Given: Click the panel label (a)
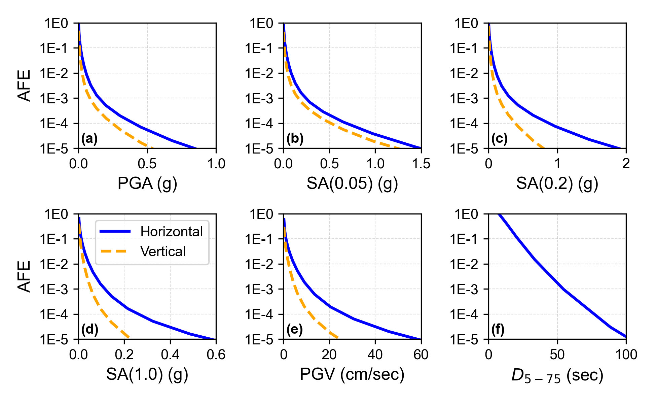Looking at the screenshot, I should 89,139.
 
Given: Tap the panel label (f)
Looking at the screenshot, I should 498,330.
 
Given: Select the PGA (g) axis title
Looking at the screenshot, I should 147,183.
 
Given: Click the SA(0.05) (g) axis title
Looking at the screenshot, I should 352,183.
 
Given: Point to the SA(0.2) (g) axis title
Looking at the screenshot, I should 557,183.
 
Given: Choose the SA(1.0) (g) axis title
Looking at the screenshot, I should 147,374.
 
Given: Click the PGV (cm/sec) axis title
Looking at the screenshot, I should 352,374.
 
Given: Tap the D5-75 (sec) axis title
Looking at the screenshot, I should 557,375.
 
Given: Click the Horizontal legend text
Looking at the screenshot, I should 171,232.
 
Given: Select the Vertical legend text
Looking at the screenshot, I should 163,251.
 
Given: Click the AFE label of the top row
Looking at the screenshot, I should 24,86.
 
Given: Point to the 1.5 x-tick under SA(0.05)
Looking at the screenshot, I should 421,164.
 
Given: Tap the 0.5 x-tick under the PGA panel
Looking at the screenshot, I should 147,164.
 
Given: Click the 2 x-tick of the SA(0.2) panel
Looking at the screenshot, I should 626,164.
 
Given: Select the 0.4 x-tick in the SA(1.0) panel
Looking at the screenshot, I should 170,355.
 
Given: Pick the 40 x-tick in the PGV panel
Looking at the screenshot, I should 375,355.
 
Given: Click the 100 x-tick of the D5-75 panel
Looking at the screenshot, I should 626,355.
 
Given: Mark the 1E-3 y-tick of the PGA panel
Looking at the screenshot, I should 54,98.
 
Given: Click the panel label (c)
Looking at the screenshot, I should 499,139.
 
